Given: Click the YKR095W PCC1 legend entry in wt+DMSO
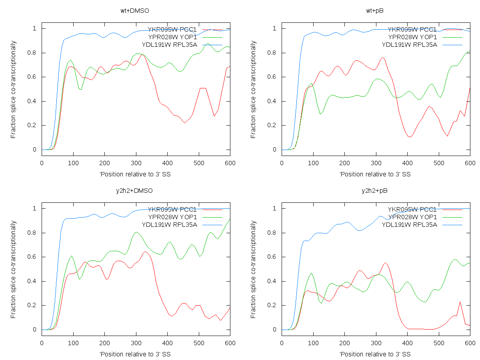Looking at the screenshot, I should pos(172,30).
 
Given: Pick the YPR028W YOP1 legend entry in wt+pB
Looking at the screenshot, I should pos(412,37).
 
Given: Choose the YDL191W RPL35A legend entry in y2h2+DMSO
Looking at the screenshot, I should pos(172,224).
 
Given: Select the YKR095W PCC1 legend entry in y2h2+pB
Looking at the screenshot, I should pos(412,210).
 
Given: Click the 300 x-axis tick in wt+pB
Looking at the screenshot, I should pos(376,163).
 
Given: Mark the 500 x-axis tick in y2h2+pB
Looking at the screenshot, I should pos(439,343).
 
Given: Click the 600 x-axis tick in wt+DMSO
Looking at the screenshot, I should pos(230,163).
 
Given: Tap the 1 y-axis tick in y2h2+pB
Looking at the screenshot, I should pos(276,208).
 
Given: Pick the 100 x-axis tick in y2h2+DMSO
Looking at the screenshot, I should pos(73,343).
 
